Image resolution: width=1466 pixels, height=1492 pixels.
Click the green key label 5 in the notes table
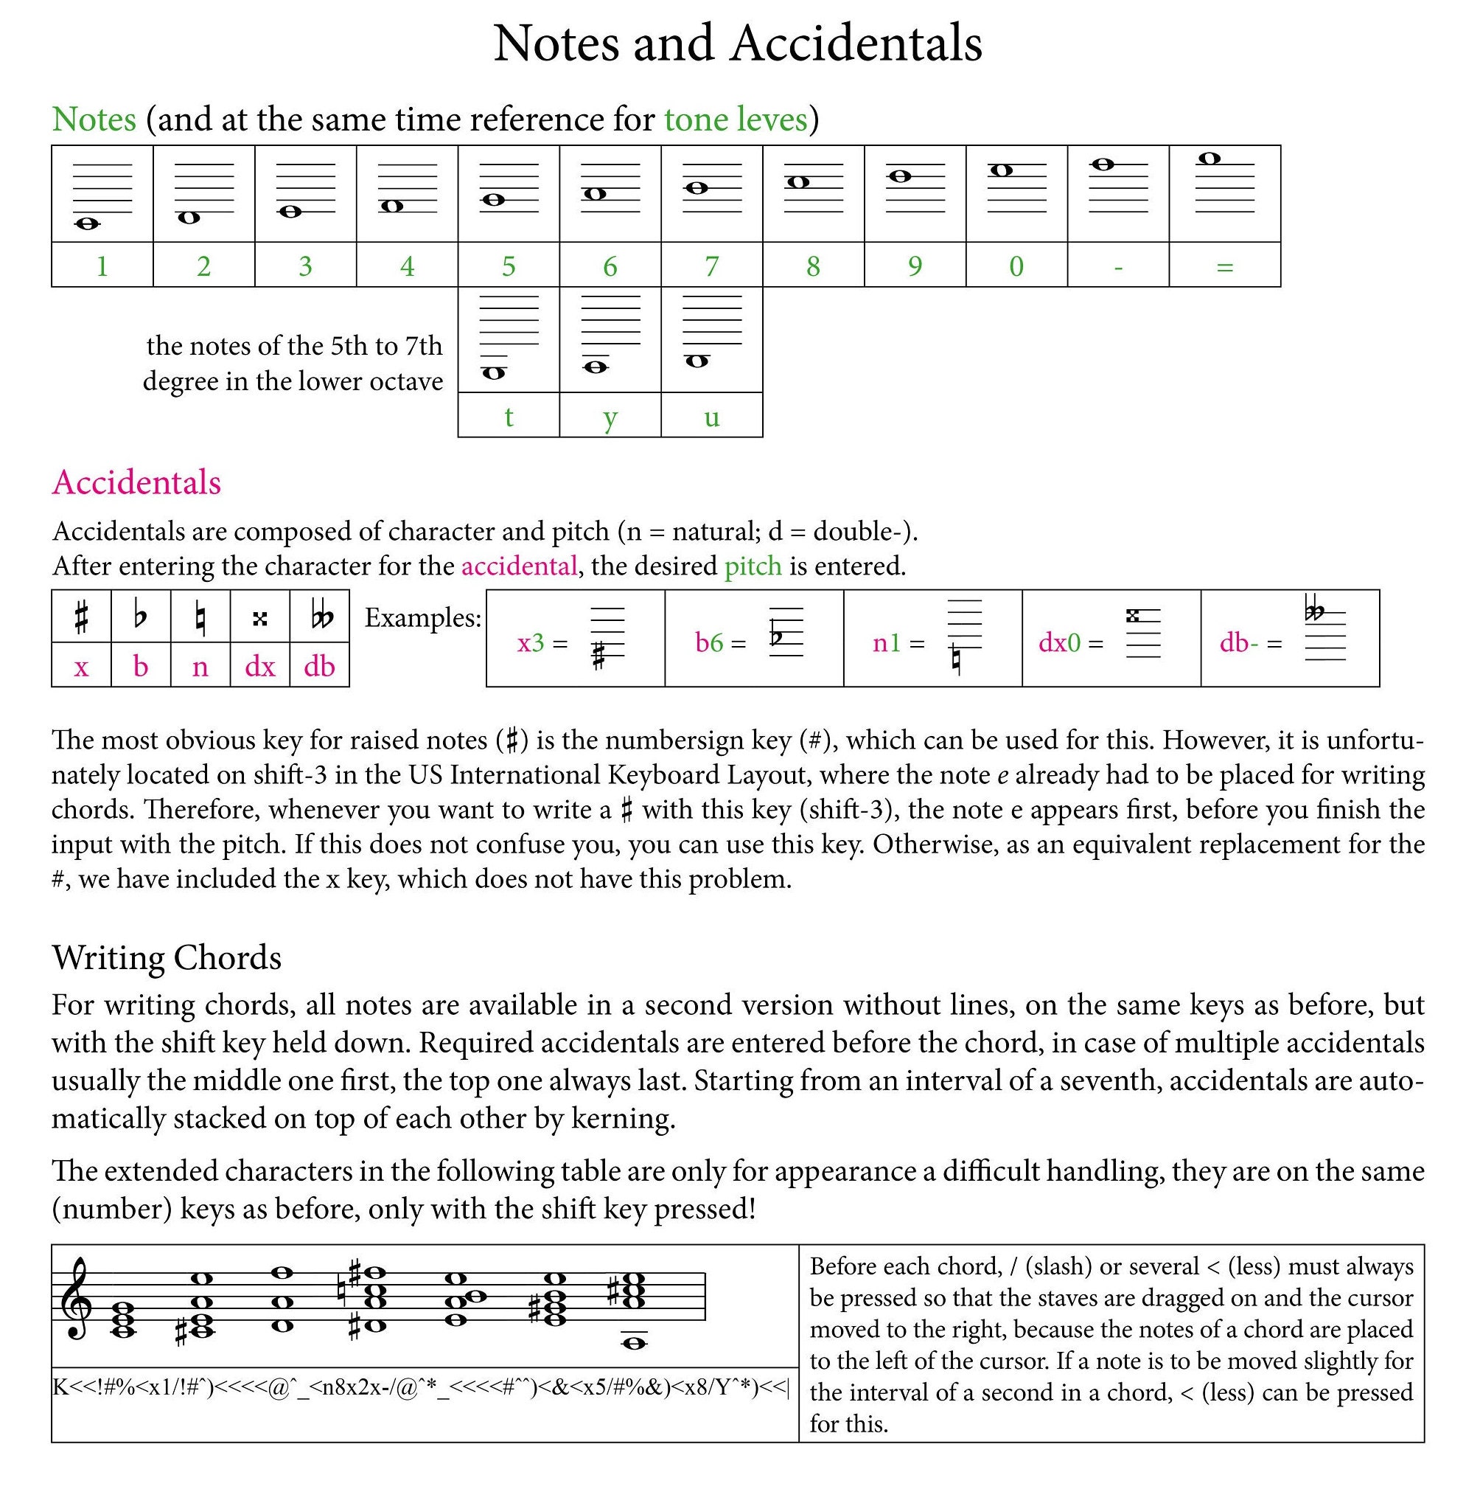(508, 266)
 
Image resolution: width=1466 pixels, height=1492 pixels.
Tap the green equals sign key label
(1224, 267)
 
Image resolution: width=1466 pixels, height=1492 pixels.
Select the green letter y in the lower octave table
(610, 417)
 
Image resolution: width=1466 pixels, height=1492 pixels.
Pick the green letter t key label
(508, 417)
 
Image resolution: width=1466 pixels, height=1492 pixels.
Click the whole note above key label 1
(87, 224)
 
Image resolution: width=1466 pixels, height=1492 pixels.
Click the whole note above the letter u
(697, 361)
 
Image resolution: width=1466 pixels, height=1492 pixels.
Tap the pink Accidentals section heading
(136, 483)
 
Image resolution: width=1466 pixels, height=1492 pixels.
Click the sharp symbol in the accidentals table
(82, 617)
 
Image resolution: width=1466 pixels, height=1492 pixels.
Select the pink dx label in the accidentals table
(259, 666)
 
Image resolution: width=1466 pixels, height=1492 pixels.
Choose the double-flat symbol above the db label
(321, 617)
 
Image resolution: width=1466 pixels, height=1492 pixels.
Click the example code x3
(531, 642)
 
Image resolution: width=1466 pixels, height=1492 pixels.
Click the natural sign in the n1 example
(955, 659)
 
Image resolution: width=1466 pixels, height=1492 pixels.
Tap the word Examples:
(423, 618)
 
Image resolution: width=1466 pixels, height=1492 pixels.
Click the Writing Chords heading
(167, 957)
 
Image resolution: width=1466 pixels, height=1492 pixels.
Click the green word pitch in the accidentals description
(753, 566)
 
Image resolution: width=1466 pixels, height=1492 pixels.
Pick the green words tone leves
(736, 119)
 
